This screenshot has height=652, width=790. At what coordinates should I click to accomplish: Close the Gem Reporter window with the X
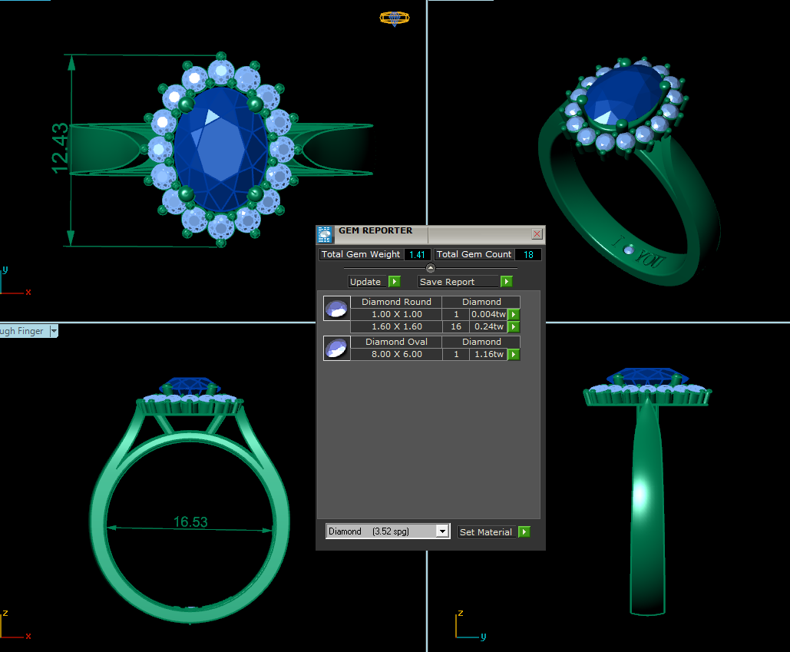tap(537, 233)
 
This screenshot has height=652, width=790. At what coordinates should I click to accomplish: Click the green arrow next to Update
tap(395, 282)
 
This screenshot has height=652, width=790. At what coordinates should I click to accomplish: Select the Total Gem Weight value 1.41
tap(417, 254)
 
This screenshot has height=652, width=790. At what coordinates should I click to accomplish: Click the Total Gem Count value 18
tap(528, 254)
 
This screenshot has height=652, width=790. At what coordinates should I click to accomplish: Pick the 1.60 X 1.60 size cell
tap(396, 326)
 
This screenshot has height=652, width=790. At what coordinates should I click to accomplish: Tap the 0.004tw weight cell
tap(488, 314)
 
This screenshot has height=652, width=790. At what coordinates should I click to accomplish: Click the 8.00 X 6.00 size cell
tap(396, 354)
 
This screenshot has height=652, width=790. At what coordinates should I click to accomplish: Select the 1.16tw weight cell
tap(488, 354)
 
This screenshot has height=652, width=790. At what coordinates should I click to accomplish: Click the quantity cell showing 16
tap(456, 326)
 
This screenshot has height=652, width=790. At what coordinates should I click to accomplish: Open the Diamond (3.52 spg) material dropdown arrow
tap(442, 531)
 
